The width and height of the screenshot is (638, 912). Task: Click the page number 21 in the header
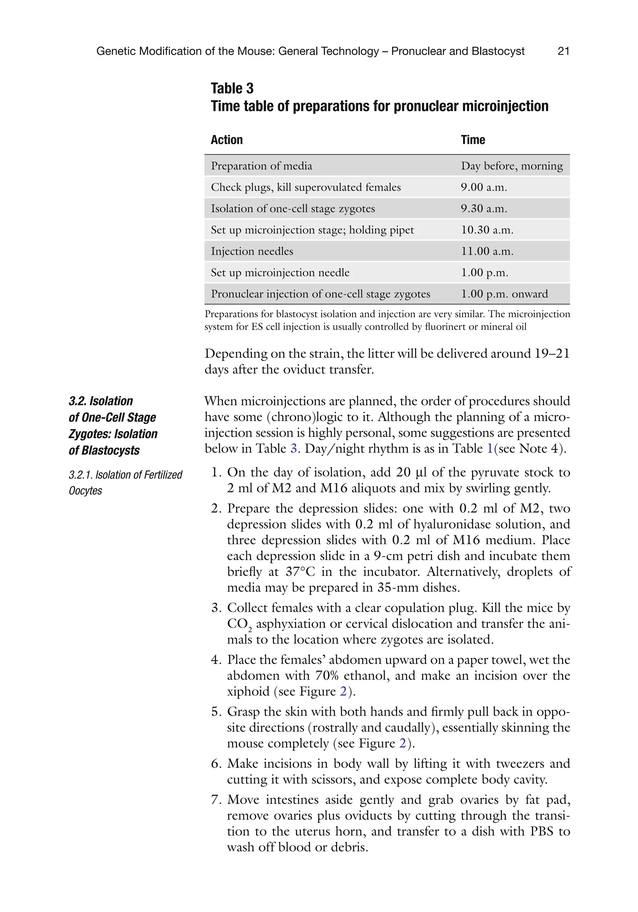pos(563,51)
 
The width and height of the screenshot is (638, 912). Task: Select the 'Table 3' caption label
pos(232,88)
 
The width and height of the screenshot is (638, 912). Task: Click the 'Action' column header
pos(227,140)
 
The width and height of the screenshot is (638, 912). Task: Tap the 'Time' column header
pos(473,140)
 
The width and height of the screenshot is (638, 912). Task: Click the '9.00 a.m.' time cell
pos(484,187)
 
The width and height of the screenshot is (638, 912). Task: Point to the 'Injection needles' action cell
pos(252,251)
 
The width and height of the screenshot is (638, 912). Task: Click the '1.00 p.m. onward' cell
pos(504,294)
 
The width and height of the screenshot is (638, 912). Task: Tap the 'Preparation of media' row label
pos(261,166)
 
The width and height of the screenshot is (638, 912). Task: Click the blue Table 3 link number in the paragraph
pos(294,449)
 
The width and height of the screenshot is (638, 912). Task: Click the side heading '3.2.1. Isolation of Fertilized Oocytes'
pos(125,482)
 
